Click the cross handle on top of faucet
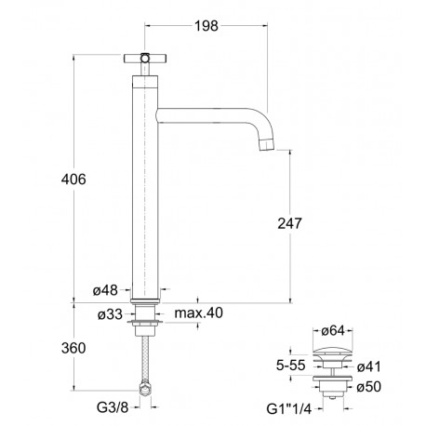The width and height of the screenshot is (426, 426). [148, 59]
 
